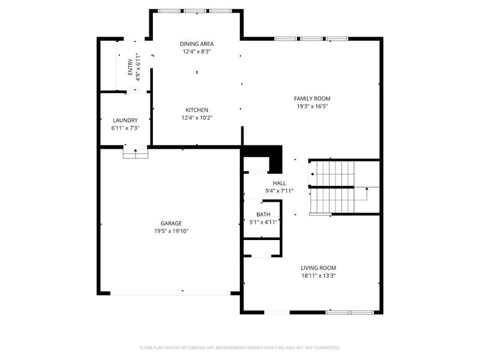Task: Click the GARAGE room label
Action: pos(171,223)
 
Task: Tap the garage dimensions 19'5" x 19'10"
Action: pos(171,231)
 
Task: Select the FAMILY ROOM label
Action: pos(311,98)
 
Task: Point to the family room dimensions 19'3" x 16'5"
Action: pos(311,106)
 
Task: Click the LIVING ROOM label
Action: pos(318,268)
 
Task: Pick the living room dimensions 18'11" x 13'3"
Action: pos(318,276)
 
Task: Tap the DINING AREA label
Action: pos(197,44)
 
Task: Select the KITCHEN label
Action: pos(197,110)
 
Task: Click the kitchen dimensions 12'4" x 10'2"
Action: pos(197,118)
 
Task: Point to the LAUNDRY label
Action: pos(124,120)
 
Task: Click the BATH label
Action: pos(263,214)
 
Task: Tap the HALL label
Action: pos(280,183)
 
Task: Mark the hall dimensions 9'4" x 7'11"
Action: pos(280,191)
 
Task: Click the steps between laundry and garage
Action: pos(136,153)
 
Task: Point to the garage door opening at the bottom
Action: pos(170,293)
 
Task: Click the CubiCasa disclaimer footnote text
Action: pos(240,347)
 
